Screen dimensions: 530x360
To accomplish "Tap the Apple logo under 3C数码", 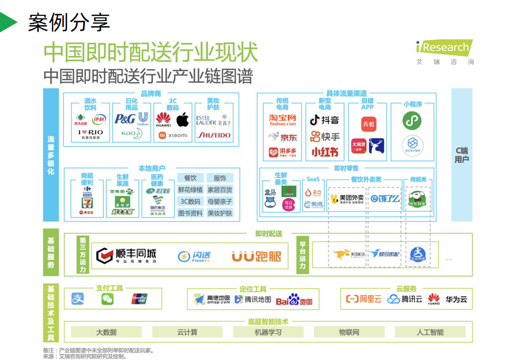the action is (x=182, y=120).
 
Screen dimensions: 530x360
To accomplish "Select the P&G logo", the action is (x=125, y=119).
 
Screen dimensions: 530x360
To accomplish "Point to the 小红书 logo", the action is (x=325, y=152).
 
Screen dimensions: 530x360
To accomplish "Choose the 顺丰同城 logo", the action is (x=127, y=255).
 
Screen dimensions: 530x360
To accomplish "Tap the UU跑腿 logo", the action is (x=256, y=256).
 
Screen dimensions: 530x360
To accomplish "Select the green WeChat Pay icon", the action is (x=107, y=299).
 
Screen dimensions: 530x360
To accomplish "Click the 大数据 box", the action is (x=106, y=332).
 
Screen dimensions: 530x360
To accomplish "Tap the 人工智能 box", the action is (x=430, y=332).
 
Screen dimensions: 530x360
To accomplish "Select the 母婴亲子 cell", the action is (x=220, y=201).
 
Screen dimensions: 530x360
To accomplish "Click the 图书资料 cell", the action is (x=190, y=213).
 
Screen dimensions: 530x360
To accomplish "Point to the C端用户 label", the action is (x=462, y=155).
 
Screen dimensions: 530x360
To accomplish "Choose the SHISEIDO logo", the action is (x=213, y=136).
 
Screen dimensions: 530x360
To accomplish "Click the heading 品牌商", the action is (x=151, y=94).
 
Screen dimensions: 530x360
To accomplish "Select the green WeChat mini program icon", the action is (x=412, y=121).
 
